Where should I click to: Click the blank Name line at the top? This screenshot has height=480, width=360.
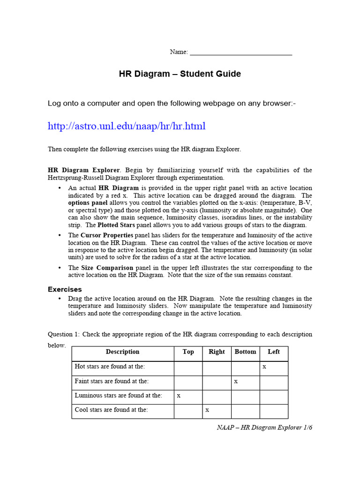(x=240, y=52)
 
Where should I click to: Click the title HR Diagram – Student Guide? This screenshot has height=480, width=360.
(x=180, y=74)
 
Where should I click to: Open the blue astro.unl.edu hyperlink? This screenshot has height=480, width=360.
(x=127, y=126)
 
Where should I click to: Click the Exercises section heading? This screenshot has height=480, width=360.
(x=65, y=289)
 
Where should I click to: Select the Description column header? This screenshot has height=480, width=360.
(x=122, y=352)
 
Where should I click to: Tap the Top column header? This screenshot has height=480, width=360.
(x=188, y=352)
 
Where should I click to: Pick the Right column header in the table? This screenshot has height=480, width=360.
(x=217, y=352)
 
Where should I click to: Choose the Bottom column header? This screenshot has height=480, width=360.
(x=245, y=352)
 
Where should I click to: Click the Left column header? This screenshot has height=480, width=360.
(x=274, y=352)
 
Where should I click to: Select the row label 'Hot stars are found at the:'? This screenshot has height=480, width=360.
(x=110, y=367)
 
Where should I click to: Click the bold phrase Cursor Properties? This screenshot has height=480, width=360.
(x=107, y=235)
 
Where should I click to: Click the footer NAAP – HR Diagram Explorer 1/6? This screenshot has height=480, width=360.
(x=264, y=428)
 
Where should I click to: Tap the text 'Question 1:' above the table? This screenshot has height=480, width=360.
(x=64, y=334)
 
